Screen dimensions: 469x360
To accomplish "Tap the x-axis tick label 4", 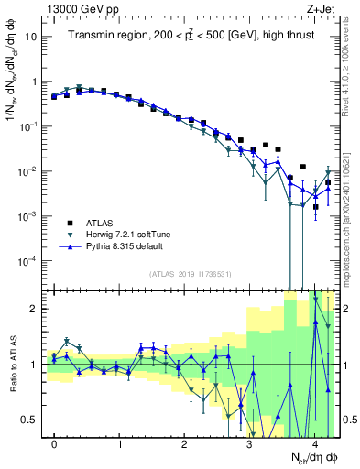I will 314,443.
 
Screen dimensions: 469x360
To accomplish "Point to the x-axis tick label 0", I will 55,443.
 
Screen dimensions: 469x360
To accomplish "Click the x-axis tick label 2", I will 184,443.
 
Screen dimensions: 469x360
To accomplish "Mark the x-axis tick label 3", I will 249,443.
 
